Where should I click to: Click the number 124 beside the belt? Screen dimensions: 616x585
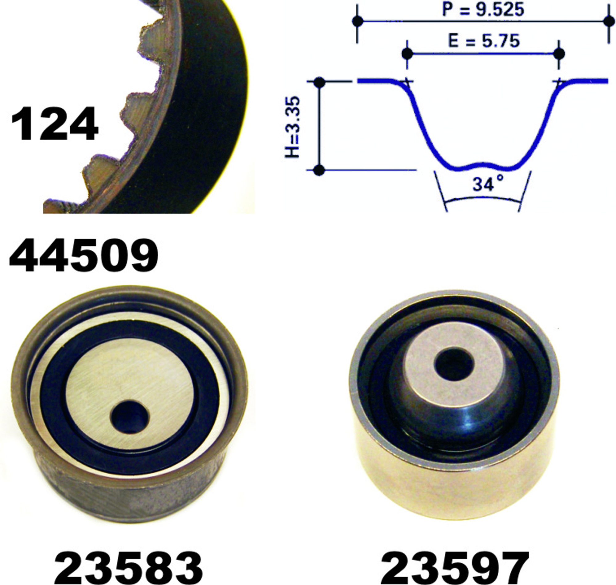[x=55, y=124]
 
